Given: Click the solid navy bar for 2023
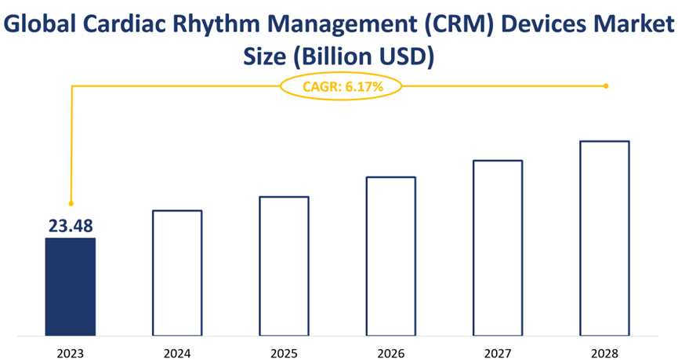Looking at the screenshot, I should click(x=71, y=287).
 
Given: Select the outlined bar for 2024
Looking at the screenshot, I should click(x=177, y=273).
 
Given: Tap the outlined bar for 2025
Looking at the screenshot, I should click(x=284, y=266).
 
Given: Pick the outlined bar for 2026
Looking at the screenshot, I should click(x=391, y=256).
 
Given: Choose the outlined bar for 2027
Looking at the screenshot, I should click(x=498, y=248).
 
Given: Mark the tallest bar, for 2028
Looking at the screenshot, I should click(x=604, y=238).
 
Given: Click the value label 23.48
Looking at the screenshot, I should click(x=71, y=227).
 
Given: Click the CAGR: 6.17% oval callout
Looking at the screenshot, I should click(x=341, y=86).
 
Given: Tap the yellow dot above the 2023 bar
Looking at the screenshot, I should click(x=71, y=204).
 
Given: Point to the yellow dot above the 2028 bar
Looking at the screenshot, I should click(x=607, y=86).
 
